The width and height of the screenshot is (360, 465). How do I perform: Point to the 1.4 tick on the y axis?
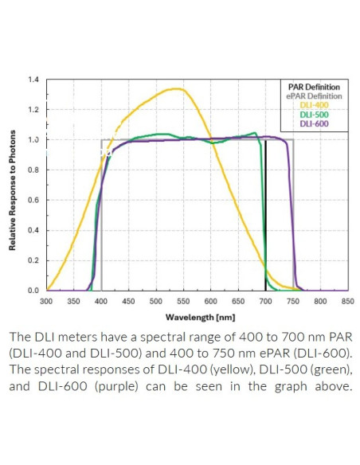34,80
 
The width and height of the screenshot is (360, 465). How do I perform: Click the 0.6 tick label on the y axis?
34,200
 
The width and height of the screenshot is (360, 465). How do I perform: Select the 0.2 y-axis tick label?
34,260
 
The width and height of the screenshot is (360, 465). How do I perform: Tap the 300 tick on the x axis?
46,302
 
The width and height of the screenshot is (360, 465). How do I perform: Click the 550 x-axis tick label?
183,302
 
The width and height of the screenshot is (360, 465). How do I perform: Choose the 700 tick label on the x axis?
265,302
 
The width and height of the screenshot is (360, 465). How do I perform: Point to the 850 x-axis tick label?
347,302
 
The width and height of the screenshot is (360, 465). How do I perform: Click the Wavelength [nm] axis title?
196,316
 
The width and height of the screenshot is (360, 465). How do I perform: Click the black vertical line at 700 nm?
265,215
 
